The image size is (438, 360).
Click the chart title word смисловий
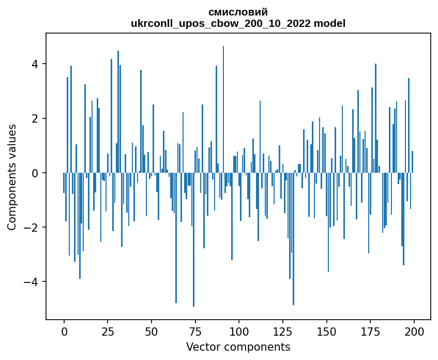click(238, 12)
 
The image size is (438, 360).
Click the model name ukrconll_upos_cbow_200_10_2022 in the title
click(221, 23)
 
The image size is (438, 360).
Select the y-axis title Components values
click(12, 177)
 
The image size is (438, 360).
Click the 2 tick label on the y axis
click(36, 118)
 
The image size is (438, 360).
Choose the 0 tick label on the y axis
click(36, 173)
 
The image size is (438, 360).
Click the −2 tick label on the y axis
click(31, 227)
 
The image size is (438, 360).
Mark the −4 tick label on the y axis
click(31, 282)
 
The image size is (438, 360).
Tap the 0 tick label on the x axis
click(64, 332)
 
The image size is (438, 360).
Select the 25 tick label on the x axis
click(108, 332)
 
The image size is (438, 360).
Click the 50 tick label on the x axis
click(152, 332)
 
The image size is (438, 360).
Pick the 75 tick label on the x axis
click(195, 332)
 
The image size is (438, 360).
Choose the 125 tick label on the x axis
click(283, 332)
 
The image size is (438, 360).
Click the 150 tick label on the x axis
click(326, 332)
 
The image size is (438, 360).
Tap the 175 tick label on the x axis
click(370, 332)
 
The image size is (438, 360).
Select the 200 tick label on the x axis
click(414, 332)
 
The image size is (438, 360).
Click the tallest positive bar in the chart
click(223, 109)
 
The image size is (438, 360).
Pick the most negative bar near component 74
click(193, 240)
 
